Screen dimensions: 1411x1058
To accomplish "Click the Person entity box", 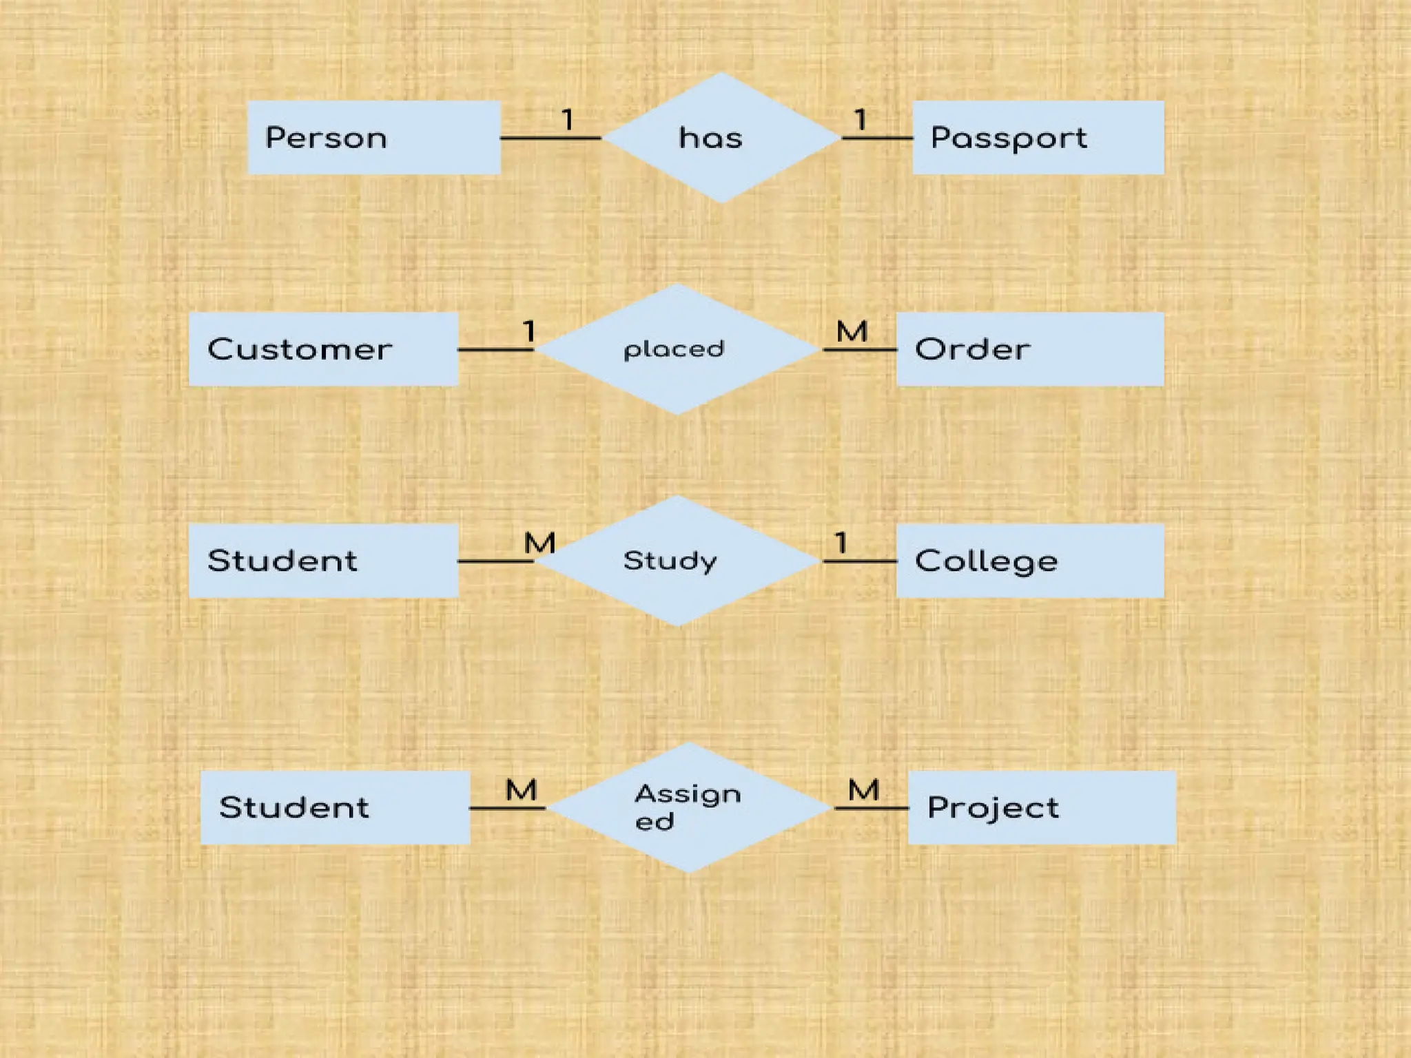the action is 373,138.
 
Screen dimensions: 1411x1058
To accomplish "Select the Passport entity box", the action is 1038,138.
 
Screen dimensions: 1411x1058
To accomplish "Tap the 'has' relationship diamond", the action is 721,138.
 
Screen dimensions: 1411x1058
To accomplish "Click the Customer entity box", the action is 323,349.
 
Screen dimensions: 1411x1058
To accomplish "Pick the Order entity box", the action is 1030,349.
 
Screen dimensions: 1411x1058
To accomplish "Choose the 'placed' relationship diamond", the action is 677,349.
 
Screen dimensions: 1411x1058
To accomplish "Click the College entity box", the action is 1030,561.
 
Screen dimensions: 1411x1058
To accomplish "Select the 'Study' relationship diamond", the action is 677,561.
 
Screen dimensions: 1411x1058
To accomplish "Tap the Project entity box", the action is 1042,807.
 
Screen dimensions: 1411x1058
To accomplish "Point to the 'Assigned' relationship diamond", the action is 689,807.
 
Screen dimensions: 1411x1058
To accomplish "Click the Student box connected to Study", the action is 323,561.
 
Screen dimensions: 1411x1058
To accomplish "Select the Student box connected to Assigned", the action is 335,807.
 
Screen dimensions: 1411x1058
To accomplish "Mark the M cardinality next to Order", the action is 852,332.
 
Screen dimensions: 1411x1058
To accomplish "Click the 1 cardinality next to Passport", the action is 861,121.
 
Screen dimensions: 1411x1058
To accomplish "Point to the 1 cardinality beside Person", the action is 567,121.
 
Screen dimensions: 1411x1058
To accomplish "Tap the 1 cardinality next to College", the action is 841,543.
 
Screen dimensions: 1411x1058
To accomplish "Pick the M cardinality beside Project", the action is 863,790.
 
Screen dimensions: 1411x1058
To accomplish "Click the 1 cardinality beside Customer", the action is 528,332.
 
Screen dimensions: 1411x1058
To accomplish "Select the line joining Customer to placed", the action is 496,350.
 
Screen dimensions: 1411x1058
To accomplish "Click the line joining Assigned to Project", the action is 871,808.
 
